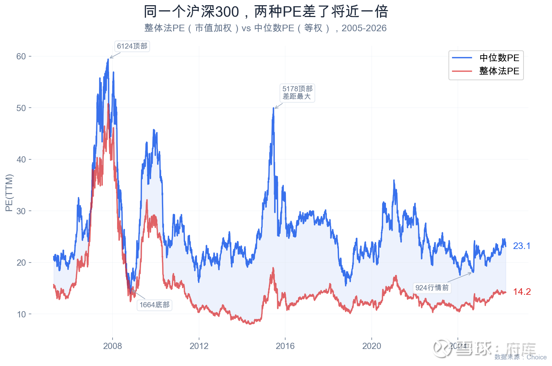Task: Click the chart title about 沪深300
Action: click(266, 12)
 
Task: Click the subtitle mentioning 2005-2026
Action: click(265, 28)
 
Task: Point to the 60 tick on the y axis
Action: click(21, 56)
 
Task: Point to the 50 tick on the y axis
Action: click(21, 108)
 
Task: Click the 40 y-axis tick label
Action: click(21, 159)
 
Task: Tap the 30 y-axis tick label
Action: click(21, 211)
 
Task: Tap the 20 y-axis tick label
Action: click(21, 263)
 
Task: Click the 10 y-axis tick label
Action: click(21, 314)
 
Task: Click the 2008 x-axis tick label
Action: click(113, 346)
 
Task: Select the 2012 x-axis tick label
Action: click(199, 346)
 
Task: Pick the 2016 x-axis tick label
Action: click(285, 346)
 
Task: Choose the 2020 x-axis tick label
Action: click(372, 346)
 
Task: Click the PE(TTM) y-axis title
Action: click(9, 193)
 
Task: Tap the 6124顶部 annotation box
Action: click(132, 46)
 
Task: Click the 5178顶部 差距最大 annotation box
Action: click(297, 93)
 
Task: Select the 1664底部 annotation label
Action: click(155, 305)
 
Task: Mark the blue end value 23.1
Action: click(522, 246)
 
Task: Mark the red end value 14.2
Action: click(522, 292)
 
